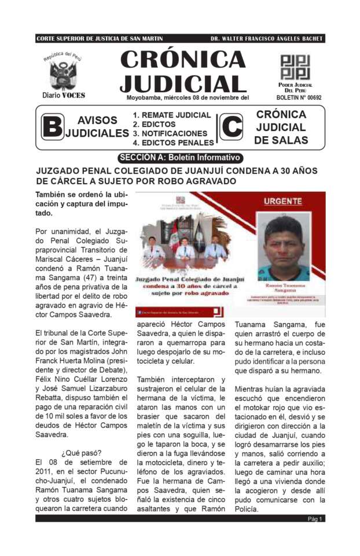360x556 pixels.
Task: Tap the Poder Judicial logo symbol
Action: click(x=295, y=67)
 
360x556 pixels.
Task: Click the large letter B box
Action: click(x=52, y=127)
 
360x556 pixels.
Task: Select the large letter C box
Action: click(x=232, y=127)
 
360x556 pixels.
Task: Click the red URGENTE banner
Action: click(x=283, y=202)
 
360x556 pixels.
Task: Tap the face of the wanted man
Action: click(x=283, y=240)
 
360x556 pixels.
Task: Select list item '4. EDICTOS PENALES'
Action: click(x=173, y=142)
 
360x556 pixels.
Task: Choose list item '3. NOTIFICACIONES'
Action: click(x=170, y=133)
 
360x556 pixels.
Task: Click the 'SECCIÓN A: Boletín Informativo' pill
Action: click(x=179, y=158)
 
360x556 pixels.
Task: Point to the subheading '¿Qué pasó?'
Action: click(x=81, y=452)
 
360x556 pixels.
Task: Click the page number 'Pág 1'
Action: click(x=315, y=519)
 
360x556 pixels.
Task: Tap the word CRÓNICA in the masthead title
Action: click(x=183, y=60)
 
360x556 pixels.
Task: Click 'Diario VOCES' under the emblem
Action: click(x=64, y=95)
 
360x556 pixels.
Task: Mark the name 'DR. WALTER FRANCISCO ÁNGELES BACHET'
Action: click(x=266, y=39)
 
